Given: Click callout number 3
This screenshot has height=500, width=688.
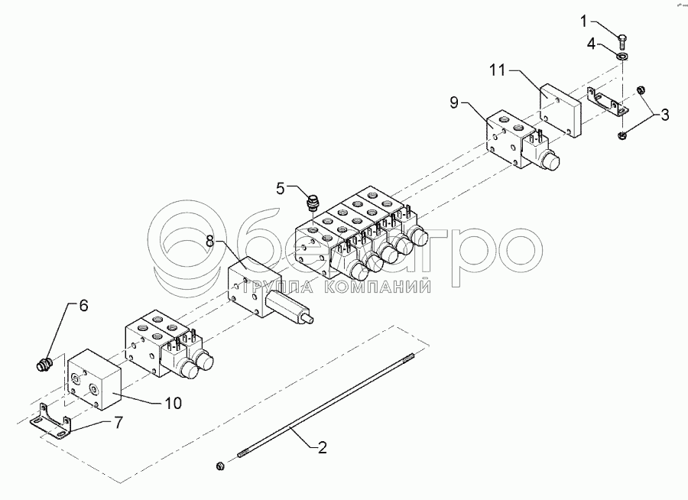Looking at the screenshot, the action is pos(664,115).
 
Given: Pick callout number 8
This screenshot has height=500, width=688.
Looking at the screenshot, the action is pos(210,241).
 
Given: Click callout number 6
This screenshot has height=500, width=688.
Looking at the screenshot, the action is pos(83,305).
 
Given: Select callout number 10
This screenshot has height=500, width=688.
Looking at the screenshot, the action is pos(174,403).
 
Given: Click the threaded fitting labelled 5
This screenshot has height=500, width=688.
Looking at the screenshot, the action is pos(311,203).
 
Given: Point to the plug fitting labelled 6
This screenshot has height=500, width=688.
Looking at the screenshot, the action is pos(43,365).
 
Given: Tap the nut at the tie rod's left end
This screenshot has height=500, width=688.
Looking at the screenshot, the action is pos(220,465).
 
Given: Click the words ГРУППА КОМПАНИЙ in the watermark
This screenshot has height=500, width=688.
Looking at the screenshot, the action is pos(336,287).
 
